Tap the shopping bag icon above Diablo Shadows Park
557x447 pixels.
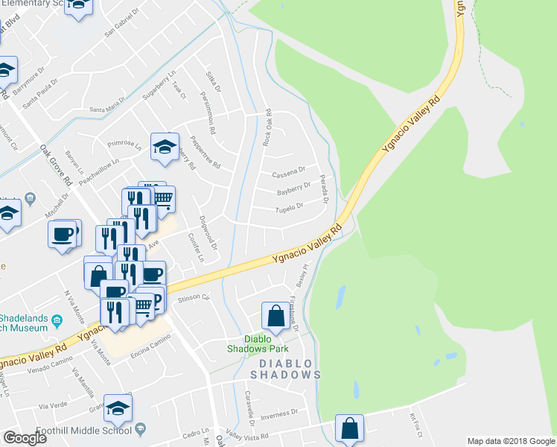(276, 316)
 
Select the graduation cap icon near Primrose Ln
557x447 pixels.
(165, 147)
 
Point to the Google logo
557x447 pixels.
(25, 438)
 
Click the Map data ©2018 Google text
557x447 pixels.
(510, 441)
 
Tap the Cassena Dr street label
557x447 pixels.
(290, 171)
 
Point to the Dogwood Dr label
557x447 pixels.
(213, 232)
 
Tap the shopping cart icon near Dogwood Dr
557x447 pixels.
(163, 197)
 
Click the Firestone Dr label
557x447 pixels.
(295, 314)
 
